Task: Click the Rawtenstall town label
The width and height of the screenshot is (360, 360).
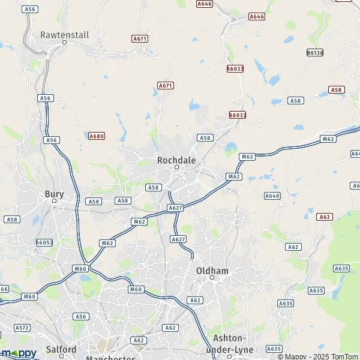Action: (64, 35)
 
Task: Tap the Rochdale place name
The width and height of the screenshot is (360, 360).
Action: (176, 160)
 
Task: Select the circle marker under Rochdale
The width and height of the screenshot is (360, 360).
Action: (176, 167)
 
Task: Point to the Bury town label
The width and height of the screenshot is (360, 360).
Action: (54, 194)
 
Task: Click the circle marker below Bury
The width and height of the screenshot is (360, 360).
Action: (53, 201)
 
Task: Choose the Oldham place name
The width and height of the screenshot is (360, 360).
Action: (212, 271)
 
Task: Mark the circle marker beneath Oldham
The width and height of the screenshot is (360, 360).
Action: (212, 278)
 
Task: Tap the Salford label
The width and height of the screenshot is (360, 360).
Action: (61, 349)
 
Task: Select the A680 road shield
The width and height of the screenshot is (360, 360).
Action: (97, 136)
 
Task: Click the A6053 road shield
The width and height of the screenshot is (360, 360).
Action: (44, 242)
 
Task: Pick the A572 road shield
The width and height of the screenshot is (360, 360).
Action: (22, 328)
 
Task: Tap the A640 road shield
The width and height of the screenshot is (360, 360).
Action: (272, 196)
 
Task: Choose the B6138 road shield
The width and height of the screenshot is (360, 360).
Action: (314, 53)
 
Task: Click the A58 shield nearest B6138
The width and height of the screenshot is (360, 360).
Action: (337, 89)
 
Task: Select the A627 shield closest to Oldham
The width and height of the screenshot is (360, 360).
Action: (178, 239)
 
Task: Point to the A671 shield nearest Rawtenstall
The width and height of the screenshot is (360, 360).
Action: (140, 38)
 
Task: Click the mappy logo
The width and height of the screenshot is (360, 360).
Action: (19, 353)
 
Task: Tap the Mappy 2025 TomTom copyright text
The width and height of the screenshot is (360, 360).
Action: (317, 356)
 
